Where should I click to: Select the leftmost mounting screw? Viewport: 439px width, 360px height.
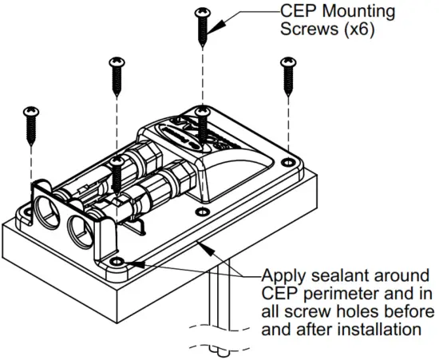[31, 121]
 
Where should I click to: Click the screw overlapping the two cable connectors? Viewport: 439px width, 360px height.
[118, 176]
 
